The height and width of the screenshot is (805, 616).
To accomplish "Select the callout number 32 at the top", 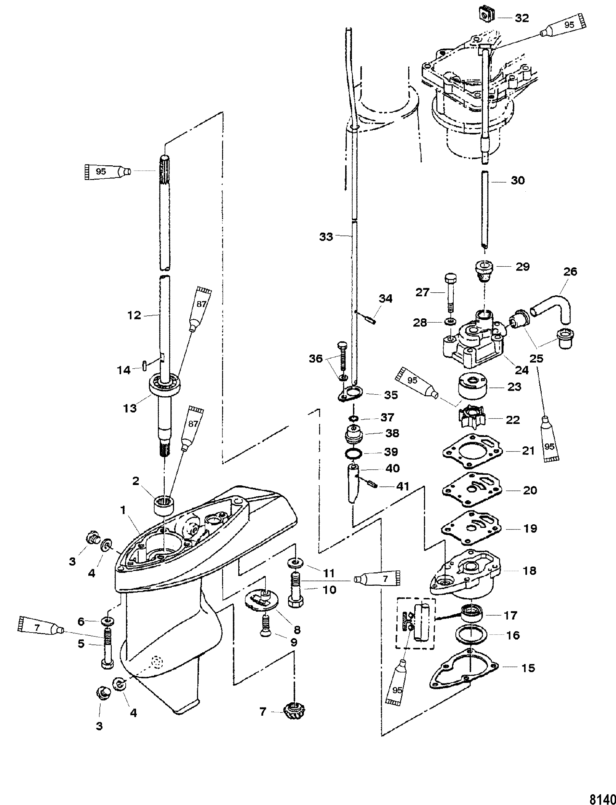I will [522, 18].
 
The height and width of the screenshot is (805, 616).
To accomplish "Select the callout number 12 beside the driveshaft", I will [134, 315].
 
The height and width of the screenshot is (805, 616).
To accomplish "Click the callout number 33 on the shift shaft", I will [326, 237].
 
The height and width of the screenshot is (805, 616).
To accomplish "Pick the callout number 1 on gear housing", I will [123, 510].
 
